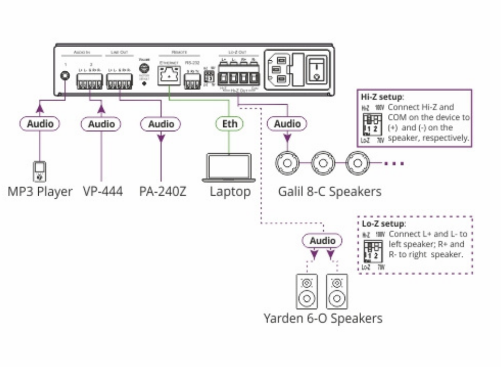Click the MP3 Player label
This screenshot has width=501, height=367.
(40, 191)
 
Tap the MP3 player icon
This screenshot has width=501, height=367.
(40, 170)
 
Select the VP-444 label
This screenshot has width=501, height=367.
(102, 191)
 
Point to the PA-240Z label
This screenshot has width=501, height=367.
(162, 191)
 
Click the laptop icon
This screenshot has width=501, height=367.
(230, 167)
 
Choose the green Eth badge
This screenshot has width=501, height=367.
(230, 124)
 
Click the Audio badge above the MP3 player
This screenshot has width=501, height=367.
(40, 124)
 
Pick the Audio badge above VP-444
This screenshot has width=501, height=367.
(101, 124)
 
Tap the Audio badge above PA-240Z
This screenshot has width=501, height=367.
(161, 124)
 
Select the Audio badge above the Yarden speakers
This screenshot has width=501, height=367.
(322, 241)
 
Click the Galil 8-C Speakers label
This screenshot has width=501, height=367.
(330, 191)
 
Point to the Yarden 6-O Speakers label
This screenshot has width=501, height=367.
(323, 318)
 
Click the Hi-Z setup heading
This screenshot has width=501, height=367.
(382, 97)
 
